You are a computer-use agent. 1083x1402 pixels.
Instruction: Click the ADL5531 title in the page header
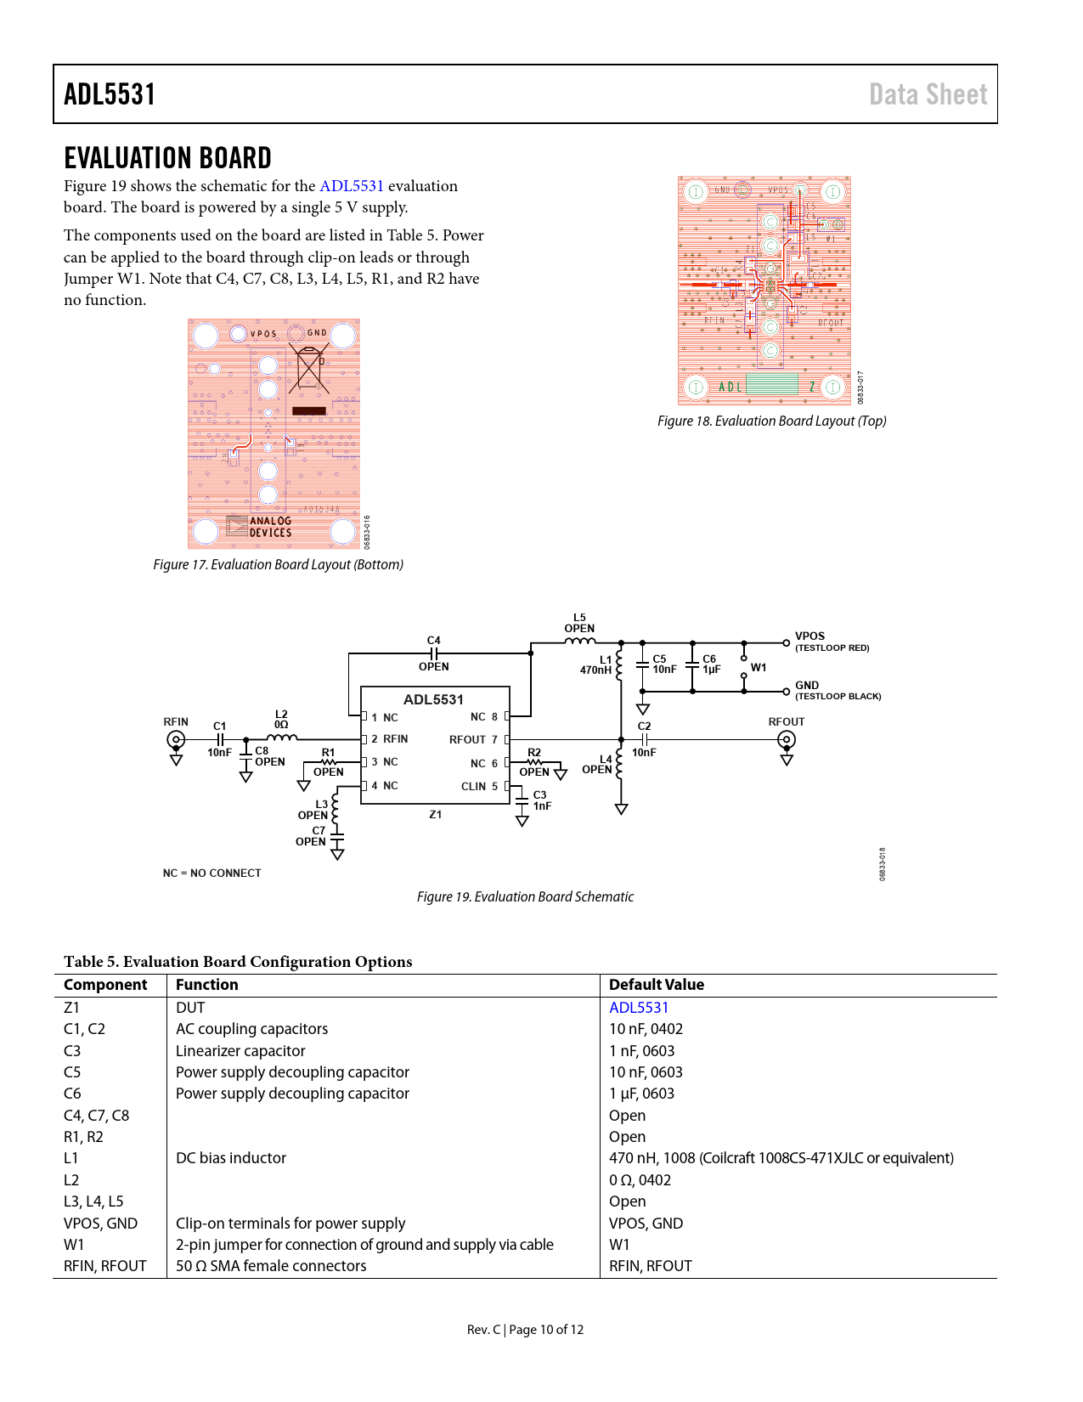[x=110, y=94]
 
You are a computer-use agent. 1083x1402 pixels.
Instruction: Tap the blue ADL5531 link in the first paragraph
[x=351, y=186]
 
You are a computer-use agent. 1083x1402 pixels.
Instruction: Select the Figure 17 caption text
[x=278, y=565]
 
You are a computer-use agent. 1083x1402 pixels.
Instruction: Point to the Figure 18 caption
[x=771, y=421]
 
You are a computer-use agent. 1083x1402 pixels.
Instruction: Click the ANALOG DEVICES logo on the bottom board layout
[x=260, y=527]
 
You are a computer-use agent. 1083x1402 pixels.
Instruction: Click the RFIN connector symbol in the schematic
[x=176, y=739]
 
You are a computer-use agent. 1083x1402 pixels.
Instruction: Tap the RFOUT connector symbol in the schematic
[x=787, y=739]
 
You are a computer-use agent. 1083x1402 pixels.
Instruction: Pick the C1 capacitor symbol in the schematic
[x=219, y=739]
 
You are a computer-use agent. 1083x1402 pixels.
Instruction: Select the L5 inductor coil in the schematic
[x=580, y=642]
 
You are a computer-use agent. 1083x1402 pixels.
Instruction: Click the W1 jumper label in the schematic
[x=759, y=668]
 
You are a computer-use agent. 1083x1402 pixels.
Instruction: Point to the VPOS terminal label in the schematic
[x=809, y=636]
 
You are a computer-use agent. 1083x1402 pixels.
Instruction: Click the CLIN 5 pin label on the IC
[x=479, y=787]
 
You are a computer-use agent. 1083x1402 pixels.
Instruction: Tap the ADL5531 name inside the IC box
[x=433, y=699]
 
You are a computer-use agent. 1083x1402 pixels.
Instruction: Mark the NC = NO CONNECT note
[x=212, y=873]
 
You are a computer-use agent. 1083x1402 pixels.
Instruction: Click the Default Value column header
[x=657, y=985]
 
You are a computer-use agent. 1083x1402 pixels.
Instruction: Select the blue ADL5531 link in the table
[x=639, y=1008]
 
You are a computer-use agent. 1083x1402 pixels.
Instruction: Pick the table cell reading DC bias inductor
[x=231, y=1158]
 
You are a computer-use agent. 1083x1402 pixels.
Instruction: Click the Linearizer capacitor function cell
[x=240, y=1051]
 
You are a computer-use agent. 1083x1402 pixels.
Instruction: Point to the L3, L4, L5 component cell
[x=93, y=1201]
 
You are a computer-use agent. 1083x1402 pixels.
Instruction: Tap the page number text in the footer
[x=525, y=1330]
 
